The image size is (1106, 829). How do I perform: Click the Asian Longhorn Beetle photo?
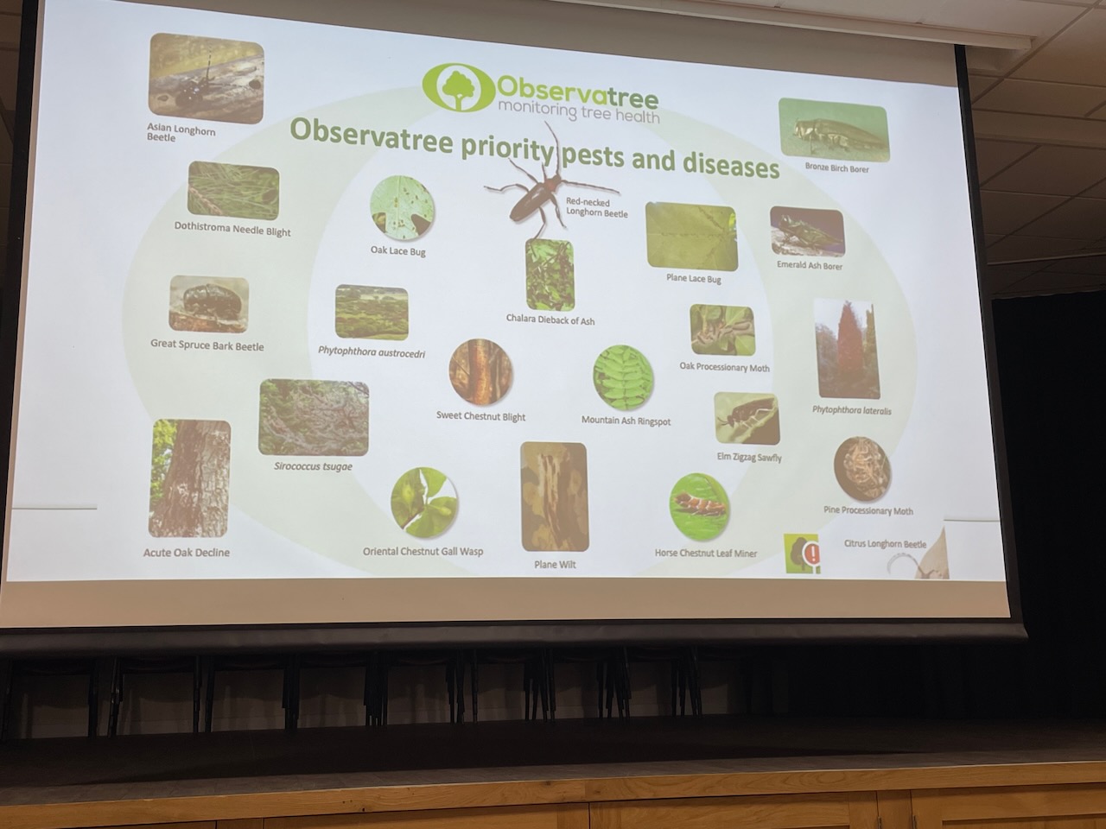(x=207, y=78)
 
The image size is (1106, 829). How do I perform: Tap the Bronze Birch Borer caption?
(x=836, y=168)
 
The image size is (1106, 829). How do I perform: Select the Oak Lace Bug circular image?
(x=402, y=207)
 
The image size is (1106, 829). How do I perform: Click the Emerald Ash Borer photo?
(x=807, y=232)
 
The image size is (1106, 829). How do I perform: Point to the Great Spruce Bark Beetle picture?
(x=208, y=303)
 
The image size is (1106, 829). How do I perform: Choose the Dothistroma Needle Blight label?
(x=232, y=229)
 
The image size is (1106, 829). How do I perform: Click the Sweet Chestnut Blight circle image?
(x=480, y=372)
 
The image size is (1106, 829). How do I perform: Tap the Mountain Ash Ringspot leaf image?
(x=623, y=378)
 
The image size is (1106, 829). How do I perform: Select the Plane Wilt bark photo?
(x=554, y=497)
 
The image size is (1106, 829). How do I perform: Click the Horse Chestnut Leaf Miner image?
(x=699, y=506)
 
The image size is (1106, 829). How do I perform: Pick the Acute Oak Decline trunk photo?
(x=189, y=478)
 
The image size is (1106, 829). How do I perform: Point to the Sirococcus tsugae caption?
(x=313, y=466)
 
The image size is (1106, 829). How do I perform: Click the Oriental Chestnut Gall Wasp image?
(x=424, y=503)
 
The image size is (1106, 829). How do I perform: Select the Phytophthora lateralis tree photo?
(x=847, y=350)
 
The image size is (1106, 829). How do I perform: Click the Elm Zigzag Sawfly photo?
(x=747, y=419)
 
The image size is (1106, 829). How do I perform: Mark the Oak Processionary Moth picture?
(x=722, y=330)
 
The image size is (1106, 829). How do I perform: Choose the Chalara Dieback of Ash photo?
(x=550, y=275)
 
